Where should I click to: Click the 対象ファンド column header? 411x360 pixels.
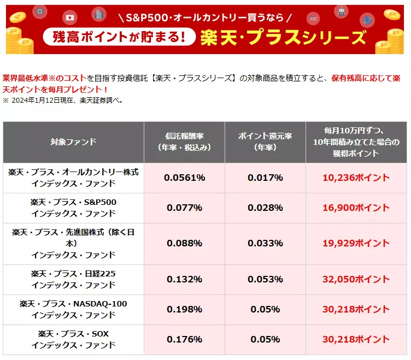73,142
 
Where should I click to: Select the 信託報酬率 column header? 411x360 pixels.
184,142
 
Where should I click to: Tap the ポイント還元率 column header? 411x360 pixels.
265,142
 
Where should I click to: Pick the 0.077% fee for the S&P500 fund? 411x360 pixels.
184,208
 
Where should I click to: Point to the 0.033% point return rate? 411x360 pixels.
265,243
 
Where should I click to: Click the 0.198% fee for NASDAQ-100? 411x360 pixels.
184,309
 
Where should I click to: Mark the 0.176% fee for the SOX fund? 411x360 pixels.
184,339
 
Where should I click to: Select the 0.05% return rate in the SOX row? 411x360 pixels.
265,339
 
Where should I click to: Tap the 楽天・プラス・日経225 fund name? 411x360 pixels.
73,274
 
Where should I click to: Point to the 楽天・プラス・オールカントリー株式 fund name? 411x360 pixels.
73,172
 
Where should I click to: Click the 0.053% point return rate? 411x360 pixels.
265,279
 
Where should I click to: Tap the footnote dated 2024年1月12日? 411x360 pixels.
63,100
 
